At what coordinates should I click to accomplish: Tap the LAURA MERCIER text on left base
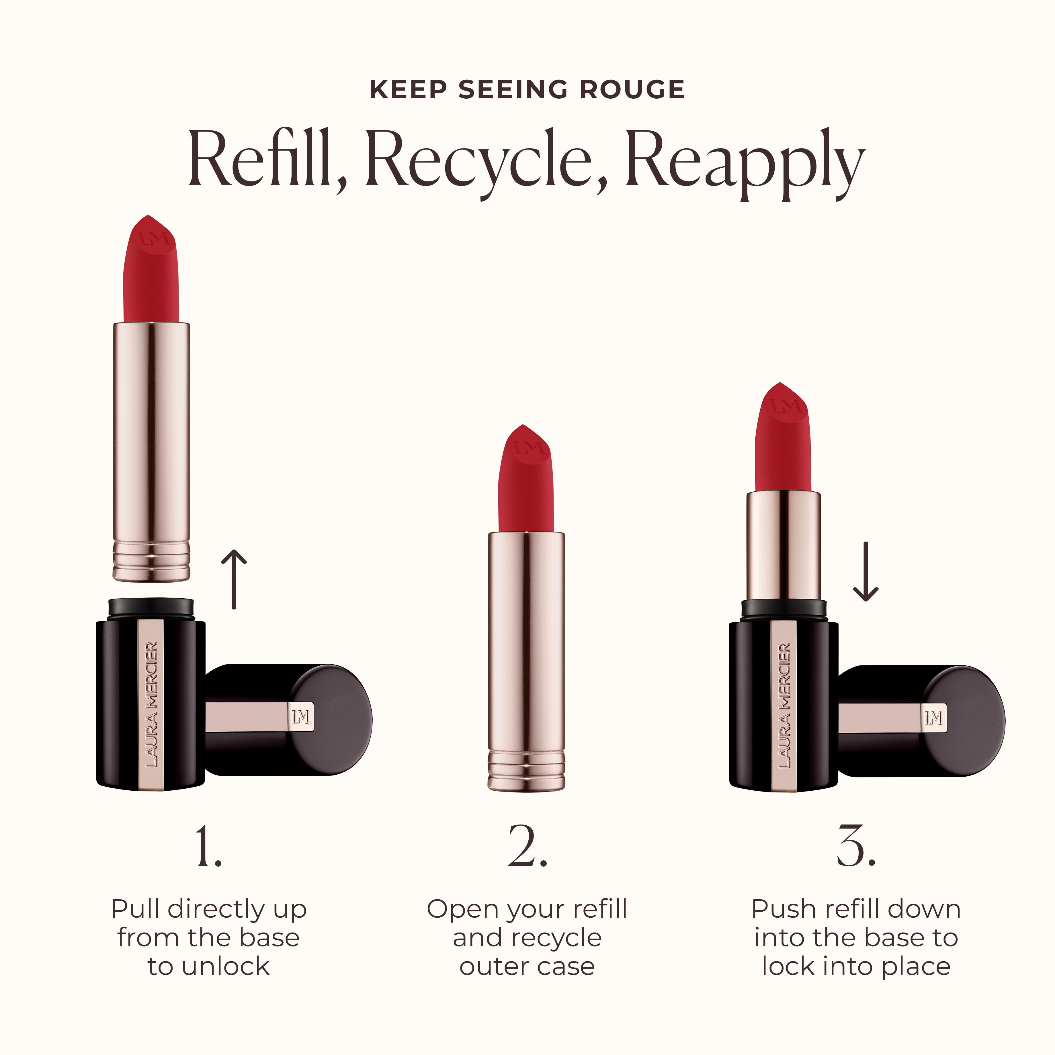point(152,704)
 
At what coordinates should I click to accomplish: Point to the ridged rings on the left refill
point(151,561)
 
